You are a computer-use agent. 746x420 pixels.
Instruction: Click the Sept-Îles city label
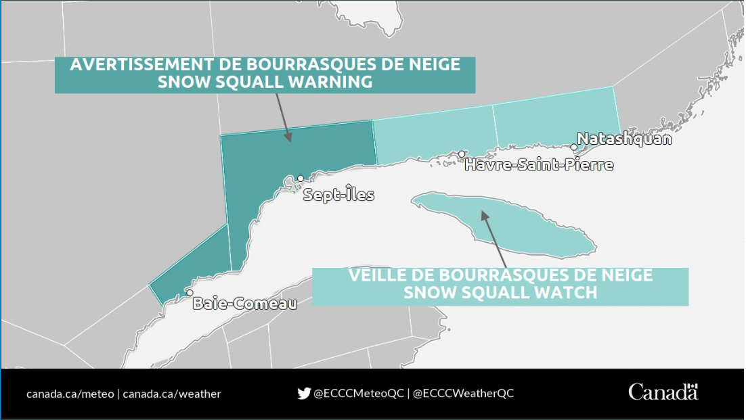pos(338,195)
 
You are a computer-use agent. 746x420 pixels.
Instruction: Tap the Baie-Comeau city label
pos(244,304)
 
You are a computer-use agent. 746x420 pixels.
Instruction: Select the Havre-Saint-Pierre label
pos(539,164)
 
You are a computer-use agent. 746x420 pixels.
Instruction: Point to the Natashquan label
pos(625,139)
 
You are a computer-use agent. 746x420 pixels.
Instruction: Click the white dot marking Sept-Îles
pos(301,179)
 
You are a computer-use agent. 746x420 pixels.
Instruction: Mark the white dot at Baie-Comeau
pos(190,293)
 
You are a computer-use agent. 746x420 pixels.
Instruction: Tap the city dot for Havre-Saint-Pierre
pos(462,154)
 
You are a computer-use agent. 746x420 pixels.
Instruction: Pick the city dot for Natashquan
pos(574,147)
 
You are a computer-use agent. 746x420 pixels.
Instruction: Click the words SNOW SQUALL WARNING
pos(265,83)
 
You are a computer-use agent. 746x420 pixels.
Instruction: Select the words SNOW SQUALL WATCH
pos(500,293)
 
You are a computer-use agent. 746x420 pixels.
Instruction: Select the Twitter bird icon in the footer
pos(303,394)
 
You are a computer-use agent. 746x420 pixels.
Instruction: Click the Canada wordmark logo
pos(663,392)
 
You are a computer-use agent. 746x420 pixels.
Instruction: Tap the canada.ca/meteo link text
pos(70,394)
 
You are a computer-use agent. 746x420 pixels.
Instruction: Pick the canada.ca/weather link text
pos(171,394)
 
